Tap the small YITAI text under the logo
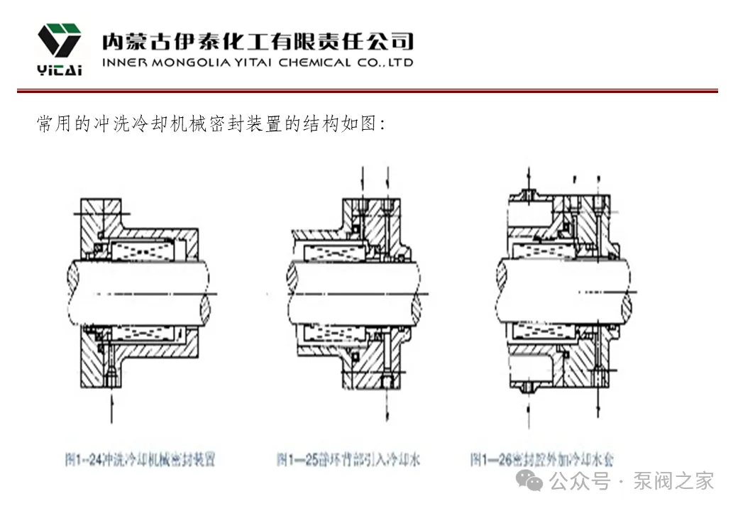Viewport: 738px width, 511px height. pos(60,70)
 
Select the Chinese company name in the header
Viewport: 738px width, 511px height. pos(258,40)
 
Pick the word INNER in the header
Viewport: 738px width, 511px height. pos(125,62)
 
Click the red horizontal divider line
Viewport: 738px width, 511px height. pos(368,91)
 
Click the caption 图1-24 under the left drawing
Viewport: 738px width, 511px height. pos(140,460)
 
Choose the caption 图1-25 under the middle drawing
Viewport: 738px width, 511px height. pos(348,460)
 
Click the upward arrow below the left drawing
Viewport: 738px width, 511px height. pos(111,408)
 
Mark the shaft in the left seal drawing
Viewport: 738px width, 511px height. pos(138,292)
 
